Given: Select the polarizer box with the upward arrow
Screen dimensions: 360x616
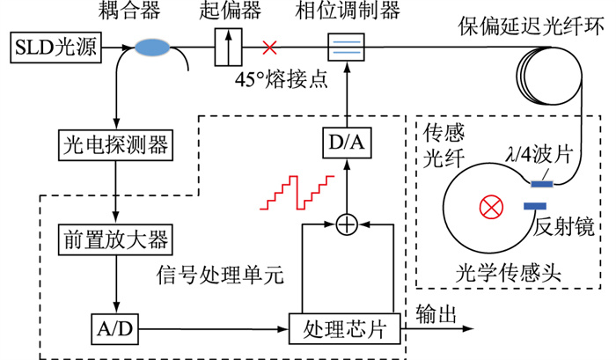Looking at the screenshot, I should [x=229, y=45].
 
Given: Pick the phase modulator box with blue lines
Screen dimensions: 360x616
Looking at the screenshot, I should [x=347, y=45].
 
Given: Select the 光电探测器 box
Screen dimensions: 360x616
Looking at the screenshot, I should [x=116, y=141].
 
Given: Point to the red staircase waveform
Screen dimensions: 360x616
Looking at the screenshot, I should [x=297, y=193].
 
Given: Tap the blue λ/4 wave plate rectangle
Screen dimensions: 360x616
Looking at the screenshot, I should [x=541, y=183].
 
